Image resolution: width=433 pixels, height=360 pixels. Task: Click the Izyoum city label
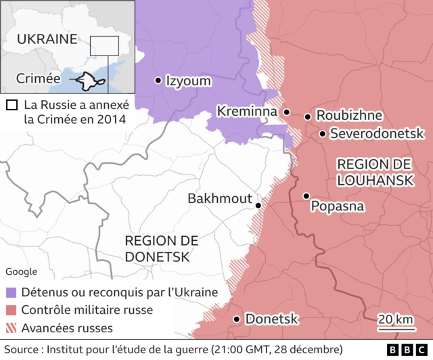[x=188, y=81]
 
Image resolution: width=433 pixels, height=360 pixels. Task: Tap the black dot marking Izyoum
[x=158, y=81]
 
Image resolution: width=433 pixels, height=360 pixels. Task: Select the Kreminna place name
[x=246, y=111]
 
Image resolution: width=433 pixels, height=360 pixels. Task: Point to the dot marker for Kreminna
[x=286, y=112]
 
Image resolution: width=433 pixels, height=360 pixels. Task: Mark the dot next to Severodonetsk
[x=323, y=134]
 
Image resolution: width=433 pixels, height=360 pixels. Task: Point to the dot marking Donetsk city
[x=237, y=319]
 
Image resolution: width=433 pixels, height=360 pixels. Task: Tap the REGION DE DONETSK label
[x=161, y=248]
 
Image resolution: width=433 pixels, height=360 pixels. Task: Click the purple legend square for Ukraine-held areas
[x=12, y=293]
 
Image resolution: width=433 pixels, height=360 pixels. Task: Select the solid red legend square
[x=12, y=311]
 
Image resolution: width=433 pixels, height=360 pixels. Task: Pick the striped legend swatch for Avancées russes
[x=12, y=329]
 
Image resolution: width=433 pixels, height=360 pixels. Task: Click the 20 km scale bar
[x=396, y=330]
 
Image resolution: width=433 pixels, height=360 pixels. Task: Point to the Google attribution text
[x=22, y=271]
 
